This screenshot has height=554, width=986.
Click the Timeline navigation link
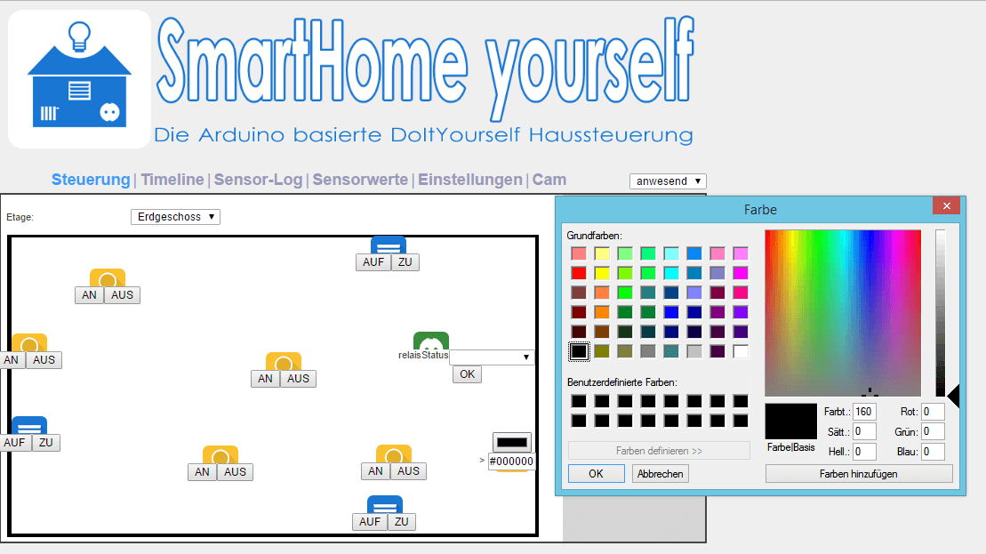(172, 180)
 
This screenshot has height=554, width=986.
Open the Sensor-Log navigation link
(259, 180)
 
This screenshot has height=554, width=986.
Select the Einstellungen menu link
(470, 180)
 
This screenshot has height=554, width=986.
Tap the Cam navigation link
(549, 180)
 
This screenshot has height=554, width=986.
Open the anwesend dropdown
(668, 181)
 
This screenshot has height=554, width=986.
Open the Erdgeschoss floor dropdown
(175, 217)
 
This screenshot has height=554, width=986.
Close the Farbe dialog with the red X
(946, 205)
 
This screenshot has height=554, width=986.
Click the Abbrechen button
(661, 473)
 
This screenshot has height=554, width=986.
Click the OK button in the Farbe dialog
(596, 473)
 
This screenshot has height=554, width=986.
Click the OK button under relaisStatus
(468, 374)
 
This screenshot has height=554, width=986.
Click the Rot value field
(934, 412)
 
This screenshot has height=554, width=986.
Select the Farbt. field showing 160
(864, 412)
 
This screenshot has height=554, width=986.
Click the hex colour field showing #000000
(511, 461)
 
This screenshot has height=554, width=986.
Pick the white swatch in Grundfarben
(741, 351)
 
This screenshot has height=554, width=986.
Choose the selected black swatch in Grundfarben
(579, 351)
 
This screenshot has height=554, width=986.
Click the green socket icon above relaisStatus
(431, 341)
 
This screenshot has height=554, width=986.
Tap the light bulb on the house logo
(79, 36)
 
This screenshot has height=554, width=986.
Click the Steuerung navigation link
(91, 180)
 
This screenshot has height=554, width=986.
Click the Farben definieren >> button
(659, 451)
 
